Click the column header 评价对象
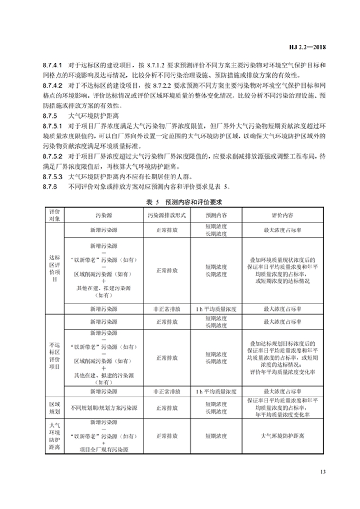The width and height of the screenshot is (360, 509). click(x=54, y=215)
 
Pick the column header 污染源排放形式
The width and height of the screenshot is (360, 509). click(x=167, y=215)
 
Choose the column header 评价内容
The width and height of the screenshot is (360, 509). click(x=283, y=215)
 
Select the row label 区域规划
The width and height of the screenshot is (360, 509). click(x=54, y=407)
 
